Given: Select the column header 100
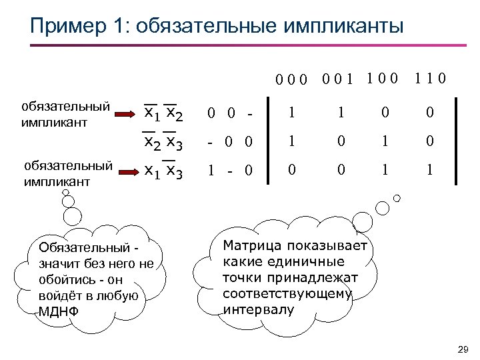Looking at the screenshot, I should pos(382,79).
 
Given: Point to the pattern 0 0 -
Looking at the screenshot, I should pos(229,115).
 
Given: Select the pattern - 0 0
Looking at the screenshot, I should pos(229,142).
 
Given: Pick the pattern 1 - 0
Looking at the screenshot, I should pos(229,171).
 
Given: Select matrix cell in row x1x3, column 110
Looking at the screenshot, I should pos(430,171).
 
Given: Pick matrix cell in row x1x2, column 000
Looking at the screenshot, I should pos(291,114).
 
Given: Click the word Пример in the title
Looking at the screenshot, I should pos(65,26).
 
